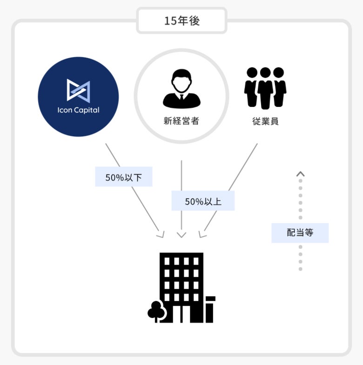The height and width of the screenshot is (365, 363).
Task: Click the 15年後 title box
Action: (x=181, y=21)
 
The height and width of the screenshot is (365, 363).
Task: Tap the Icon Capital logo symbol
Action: (x=78, y=90)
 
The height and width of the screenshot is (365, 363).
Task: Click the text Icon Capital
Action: (x=78, y=111)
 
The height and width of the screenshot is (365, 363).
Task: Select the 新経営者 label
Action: (x=181, y=121)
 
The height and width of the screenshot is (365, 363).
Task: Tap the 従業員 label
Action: (x=265, y=121)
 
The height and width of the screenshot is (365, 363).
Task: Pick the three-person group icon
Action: (x=265, y=87)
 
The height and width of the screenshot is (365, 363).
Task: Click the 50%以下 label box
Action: (x=124, y=177)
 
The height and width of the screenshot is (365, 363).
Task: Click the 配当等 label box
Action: (x=300, y=232)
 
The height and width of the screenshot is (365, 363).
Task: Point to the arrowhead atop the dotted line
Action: (x=301, y=174)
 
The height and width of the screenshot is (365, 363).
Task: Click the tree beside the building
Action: (x=155, y=311)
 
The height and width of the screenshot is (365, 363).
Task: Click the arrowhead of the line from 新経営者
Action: (x=181, y=235)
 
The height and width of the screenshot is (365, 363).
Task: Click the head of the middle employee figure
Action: (x=265, y=73)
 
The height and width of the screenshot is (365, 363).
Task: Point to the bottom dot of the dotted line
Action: (x=301, y=269)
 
